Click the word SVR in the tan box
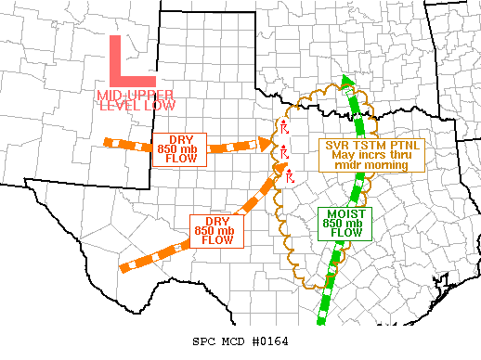coord(335,145)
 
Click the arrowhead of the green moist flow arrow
coord(347,82)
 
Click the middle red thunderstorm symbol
coord(285,151)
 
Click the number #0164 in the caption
coord(269,341)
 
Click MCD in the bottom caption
coord(233,341)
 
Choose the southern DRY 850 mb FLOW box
coord(216,231)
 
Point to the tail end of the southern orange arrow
coord(123,268)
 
